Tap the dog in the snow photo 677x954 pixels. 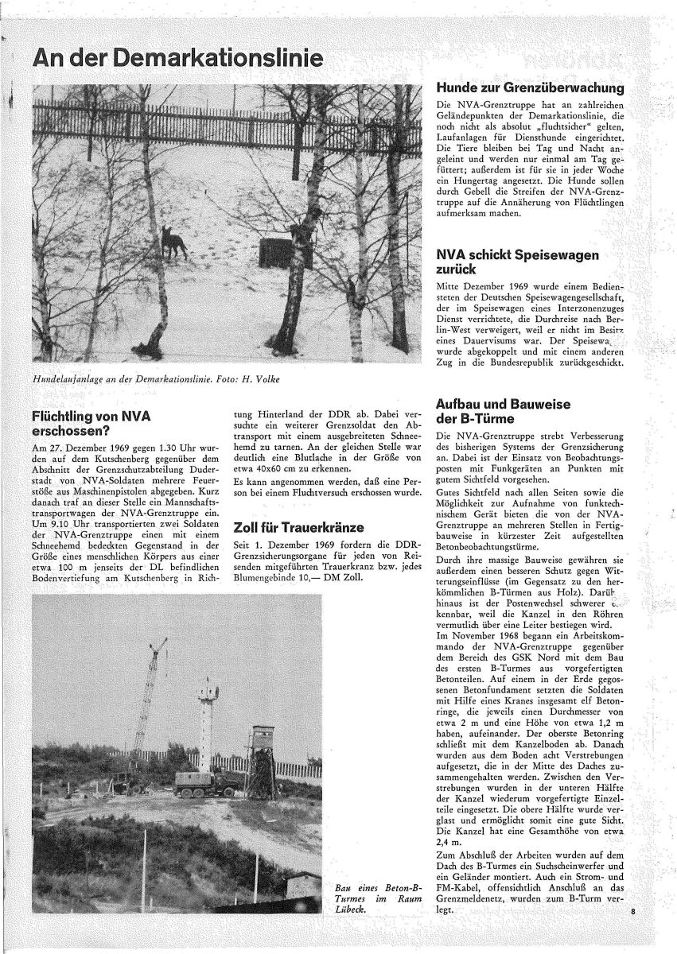(173, 242)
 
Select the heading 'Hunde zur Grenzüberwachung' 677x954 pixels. (530, 88)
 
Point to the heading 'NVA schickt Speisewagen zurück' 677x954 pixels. (517, 263)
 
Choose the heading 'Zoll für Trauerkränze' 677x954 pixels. (298, 527)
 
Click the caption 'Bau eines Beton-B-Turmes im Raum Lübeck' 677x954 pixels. (377, 898)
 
